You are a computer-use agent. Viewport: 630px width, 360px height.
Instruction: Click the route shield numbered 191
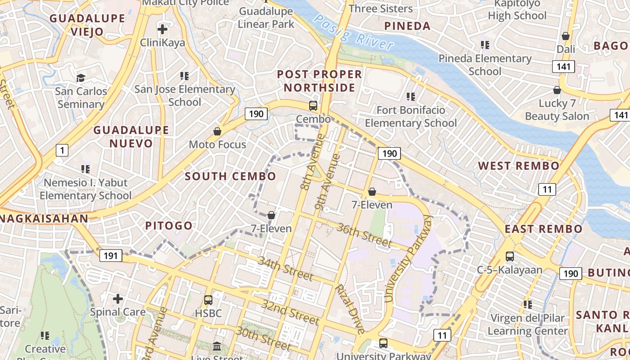pos(110,256)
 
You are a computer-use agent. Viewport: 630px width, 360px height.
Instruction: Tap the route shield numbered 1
pos(62,150)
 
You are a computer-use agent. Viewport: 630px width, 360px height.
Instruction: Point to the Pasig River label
pos(354,32)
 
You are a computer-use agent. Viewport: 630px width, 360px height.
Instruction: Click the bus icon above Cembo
pos(313,106)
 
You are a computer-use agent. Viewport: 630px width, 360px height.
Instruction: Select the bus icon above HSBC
pos(208,300)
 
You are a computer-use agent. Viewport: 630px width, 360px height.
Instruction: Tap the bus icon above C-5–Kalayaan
pos(509,256)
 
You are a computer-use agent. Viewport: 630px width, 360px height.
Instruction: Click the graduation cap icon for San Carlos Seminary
pos(81,78)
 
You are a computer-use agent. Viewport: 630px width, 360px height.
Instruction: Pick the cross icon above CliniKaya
pos(162,30)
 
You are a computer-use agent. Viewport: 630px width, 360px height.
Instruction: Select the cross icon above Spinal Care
pos(118,298)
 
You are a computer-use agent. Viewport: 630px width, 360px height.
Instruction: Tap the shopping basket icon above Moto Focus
pos(217,131)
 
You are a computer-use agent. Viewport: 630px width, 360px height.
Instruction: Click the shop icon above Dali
pos(566,36)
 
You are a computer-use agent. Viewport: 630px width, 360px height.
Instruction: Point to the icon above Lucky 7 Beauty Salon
pos(557,90)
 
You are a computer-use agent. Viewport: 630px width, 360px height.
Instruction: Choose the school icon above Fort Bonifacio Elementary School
pos(410,96)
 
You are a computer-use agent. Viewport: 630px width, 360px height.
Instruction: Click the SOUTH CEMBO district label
pos(231,176)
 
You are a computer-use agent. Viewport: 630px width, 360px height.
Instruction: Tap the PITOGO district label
pos(169,226)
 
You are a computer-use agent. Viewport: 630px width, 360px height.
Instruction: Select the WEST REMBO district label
pos(518,166)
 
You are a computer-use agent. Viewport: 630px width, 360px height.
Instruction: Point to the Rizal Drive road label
pos(350,309)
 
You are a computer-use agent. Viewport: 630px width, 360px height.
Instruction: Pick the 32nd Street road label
pos(291,310)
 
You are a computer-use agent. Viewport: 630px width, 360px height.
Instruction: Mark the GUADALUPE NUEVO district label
pos(131,137)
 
